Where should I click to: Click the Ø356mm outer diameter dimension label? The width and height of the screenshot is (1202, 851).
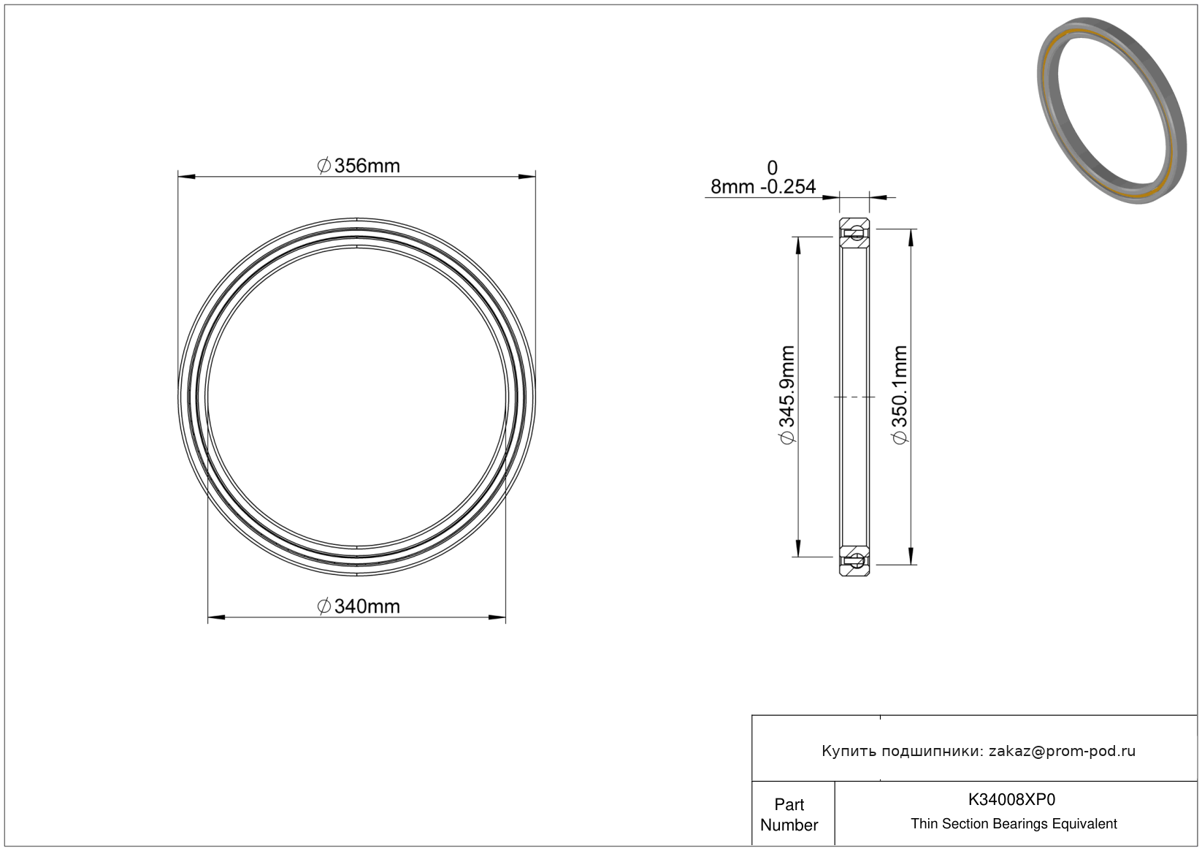[359, 166]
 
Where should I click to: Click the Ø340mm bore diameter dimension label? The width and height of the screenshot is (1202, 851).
[359, 606]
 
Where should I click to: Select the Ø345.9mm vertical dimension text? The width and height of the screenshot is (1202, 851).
[787, 395]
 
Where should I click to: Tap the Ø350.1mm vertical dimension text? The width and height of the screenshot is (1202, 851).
[900, 395]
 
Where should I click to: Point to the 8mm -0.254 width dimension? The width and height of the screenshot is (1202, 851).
[763, 187]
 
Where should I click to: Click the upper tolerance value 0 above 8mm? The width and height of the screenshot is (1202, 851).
[772, 168]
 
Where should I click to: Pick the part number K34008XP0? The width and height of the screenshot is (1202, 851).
[1011, 799]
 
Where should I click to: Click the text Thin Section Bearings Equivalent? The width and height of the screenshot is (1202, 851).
[1014, 823]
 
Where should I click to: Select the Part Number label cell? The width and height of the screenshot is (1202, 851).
[789, 814]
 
